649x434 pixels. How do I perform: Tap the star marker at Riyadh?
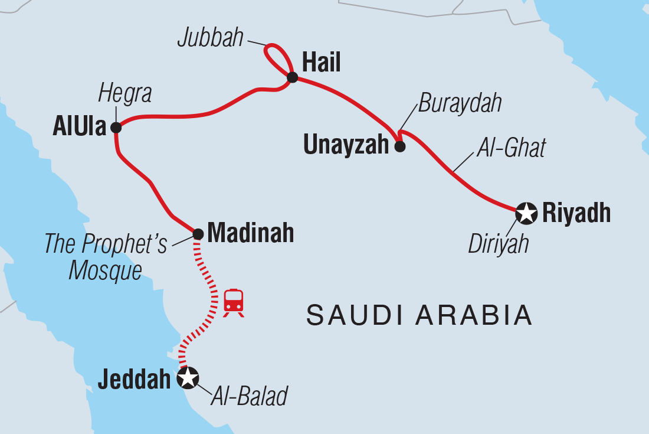(525, 213)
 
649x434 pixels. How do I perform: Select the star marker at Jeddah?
(188, 378)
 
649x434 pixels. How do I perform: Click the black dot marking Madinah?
(198, 234)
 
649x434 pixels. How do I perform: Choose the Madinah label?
(251, 233)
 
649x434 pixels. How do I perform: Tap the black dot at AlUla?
(116, 127)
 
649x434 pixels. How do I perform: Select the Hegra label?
(125, 93)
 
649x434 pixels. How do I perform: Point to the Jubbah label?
(210, 38)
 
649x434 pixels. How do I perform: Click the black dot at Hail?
(292, 77)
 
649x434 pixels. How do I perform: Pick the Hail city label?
(321, 63)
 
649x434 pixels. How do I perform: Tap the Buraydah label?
(460, 104)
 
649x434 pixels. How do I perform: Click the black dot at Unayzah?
(399, 147)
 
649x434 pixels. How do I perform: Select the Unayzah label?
(346, 145)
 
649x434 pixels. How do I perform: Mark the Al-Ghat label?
(511, 148)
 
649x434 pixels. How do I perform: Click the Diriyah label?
(499, 244)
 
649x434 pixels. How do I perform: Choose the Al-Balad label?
(249, 397)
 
